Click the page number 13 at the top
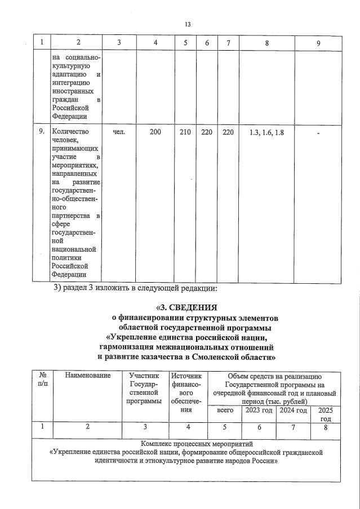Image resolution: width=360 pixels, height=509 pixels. click(x=188, y=24)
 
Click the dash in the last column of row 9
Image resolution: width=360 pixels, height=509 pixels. click(x=318, y=133)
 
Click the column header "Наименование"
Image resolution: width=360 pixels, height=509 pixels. click(x=87, y=376)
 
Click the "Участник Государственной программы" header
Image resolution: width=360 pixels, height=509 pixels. click(x=144, y=388)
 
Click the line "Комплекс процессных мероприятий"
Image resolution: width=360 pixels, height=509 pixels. click(x=186, y=444)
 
